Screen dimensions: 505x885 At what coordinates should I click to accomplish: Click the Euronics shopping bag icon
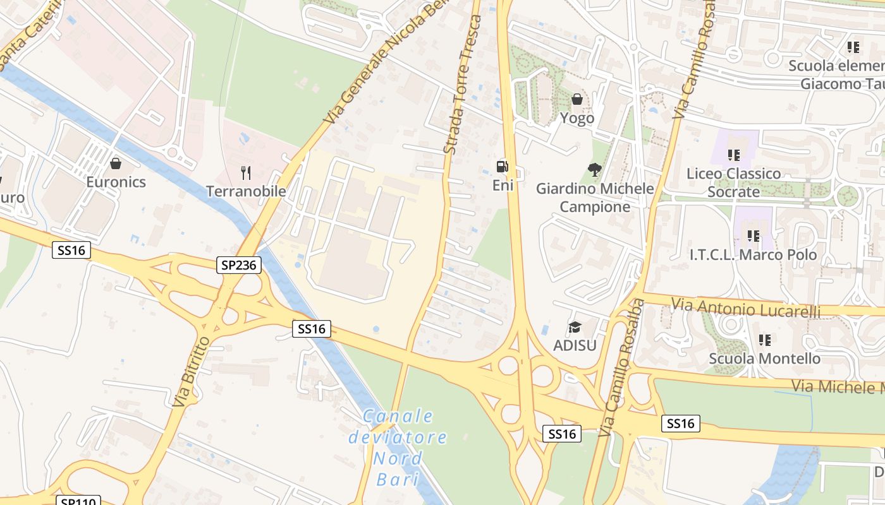116,164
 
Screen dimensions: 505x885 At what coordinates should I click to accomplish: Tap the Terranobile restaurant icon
247,173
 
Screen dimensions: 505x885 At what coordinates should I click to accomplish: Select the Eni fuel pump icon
503,167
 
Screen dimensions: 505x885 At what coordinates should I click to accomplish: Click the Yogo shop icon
577,99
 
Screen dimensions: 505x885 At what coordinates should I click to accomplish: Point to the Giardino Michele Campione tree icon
594,169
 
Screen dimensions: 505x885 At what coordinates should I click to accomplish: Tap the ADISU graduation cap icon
575,327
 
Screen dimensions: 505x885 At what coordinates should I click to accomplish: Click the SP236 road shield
239,265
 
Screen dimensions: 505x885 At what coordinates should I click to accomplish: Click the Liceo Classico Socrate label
734,182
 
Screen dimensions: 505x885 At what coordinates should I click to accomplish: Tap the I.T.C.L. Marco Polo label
753,255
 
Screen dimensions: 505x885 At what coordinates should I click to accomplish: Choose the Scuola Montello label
764,359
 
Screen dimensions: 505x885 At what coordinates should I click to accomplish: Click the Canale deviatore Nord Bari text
398,447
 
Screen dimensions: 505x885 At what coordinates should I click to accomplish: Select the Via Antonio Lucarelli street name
746,309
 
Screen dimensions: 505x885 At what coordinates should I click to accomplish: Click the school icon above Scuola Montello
765,340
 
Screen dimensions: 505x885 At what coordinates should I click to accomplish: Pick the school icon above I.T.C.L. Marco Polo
753,236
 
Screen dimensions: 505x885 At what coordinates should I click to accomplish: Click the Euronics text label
116,182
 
